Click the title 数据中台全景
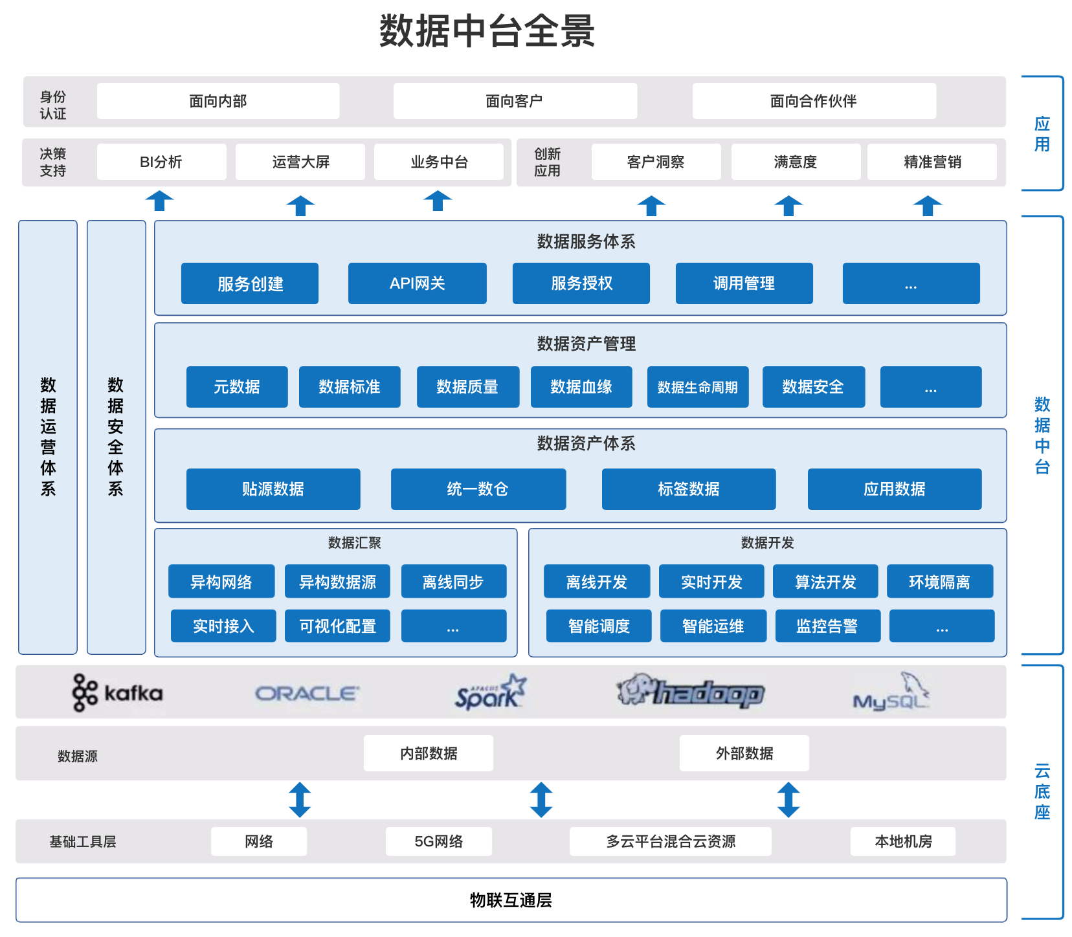(487, 31)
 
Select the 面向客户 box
(515, 101)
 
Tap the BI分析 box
(161, 162)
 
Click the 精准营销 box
(932, 162)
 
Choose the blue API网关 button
(417, 283)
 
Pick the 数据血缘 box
(581, 387)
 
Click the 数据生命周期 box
(697, 387)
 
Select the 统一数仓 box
(478, 489)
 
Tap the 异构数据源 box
(337, 582)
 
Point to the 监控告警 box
(827, 626)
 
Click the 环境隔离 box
(939, 582)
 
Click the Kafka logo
(117, 693)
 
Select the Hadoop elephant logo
(690, 692)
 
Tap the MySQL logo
(891, 693)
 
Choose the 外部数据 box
(744, 753)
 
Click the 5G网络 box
(438, 841)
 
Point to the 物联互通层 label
(511, 900)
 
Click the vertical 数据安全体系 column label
(116, 437)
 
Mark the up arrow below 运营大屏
(300, 205)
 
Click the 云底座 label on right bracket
(1042, 791)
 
